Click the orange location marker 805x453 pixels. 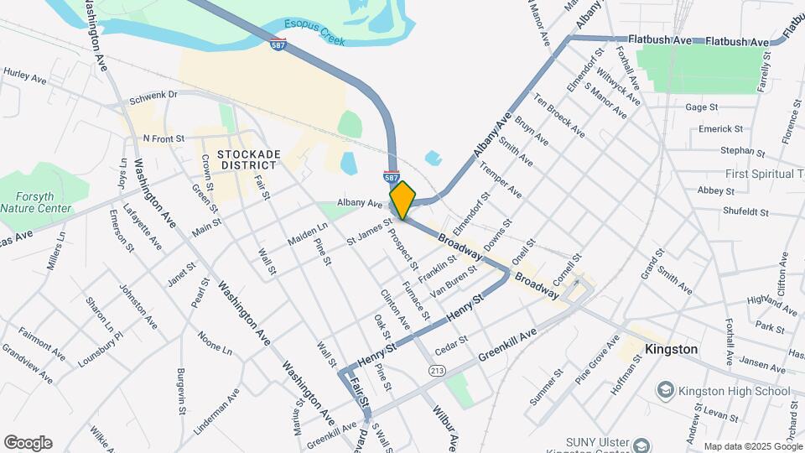coord(402,200)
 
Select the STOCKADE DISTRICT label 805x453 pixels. coord(247,159)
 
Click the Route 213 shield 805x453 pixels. coord(436,370)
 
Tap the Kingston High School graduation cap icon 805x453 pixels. coord(665,390)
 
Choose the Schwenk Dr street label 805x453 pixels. coord(153,96)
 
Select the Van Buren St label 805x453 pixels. coord(454,282)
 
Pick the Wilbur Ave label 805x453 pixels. coord(444,428)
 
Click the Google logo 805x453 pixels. coord(28,443)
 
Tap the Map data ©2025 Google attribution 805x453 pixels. coord(752,446)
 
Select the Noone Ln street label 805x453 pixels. coord(215,341)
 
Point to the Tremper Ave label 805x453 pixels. coord(501,180)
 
